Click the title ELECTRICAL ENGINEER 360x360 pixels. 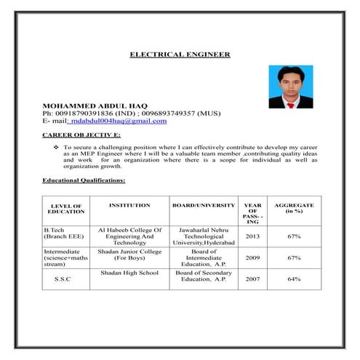point(180,55)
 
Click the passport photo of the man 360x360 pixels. point(290,87)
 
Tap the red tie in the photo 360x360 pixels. point(291,104)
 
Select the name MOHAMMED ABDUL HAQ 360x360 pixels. point(95,105)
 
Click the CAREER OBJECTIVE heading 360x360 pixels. point(81,136)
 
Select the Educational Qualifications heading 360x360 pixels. point(84,180)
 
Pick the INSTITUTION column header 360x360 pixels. point(129,206)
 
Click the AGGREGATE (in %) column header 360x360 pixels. point(294,208)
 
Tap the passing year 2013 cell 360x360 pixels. point(252,236)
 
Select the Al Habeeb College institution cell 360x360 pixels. point(129,236)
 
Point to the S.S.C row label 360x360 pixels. point(63,279)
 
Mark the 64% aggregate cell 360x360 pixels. point(294,279)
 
